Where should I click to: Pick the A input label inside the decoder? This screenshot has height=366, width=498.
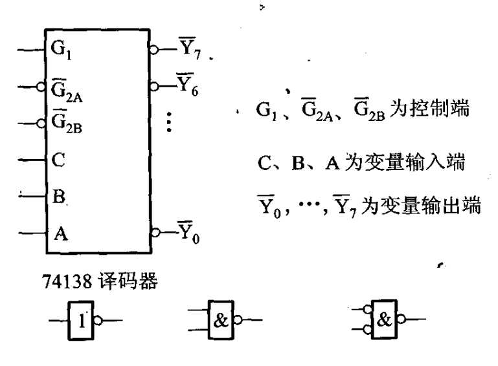pos(58,231)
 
